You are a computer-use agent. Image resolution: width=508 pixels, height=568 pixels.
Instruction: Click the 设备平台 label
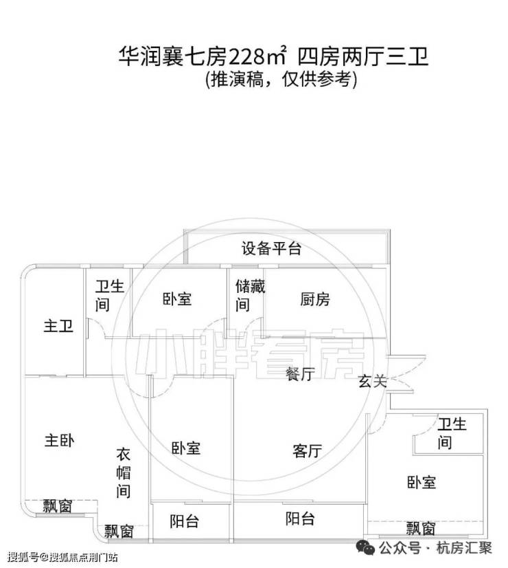(271, 248)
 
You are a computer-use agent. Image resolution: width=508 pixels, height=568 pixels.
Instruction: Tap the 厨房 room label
(315, 300)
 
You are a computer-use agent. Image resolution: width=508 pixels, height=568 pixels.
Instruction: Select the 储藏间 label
(250, 296)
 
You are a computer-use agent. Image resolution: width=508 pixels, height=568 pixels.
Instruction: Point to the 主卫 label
(58, 326)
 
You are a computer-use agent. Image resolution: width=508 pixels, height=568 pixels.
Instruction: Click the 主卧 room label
(59, 441)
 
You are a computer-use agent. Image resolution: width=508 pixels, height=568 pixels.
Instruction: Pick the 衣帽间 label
(124, 472)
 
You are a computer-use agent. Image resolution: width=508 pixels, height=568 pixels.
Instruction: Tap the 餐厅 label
(300, 373)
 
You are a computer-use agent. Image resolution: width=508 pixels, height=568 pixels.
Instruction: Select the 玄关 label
(373, 381)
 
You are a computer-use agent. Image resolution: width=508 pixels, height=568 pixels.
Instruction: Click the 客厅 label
(308, 451)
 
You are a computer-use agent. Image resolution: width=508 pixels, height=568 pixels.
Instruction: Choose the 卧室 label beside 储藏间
(177, 299)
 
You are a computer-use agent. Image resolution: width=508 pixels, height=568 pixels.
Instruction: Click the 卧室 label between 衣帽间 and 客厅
(186, 448)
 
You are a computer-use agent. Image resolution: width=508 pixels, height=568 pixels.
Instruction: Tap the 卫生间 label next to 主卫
(110, 296)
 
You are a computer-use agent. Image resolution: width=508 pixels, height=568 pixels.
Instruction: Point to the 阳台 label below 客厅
(300, 518)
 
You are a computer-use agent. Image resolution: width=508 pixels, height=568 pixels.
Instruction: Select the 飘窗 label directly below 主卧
(58, 506)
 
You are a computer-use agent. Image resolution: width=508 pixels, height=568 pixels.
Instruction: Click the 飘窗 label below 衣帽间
(119, 532)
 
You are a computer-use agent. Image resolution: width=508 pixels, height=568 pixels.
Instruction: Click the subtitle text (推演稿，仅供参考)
(281, 79)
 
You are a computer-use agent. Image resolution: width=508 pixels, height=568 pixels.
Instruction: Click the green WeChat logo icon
(365, 547)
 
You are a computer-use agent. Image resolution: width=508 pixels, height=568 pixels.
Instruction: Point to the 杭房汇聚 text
(464, 547)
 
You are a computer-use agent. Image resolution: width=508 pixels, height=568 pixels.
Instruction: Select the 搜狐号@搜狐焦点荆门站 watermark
(62, 557)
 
